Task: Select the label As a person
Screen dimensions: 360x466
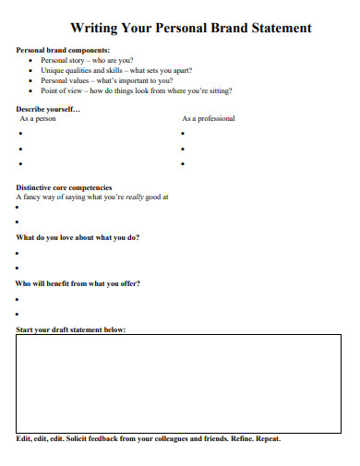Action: [38, 119]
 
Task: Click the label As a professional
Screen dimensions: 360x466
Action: [208, 119]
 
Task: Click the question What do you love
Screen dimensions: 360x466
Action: [78, 237]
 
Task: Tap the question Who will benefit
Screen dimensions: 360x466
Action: [78, 283]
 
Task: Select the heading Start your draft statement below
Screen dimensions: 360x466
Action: [71, 329]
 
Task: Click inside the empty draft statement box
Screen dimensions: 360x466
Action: [179, 381]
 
